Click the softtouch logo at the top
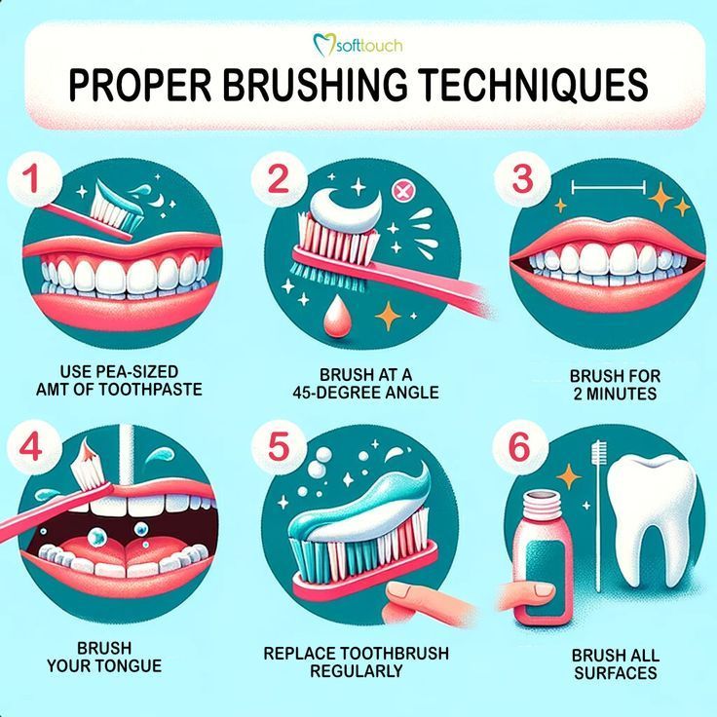[x=358, y=44]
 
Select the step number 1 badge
[x=30, y=180]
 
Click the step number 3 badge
[x=523, y=180]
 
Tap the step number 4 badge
[x=30, y=449]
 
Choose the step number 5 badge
[x=279, y=449]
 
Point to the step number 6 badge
[x=520, y=449]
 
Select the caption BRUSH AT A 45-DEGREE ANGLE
[x=365, y=383]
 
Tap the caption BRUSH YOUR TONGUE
[x=103, y=658]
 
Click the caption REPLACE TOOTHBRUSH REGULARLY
[x=356, y=661]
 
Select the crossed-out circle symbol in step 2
[x=399, y=188]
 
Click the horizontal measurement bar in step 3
[x=609, y=185]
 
